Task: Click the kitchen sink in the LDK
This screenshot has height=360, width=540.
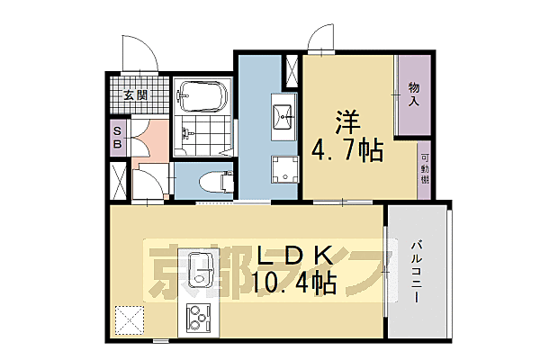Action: (198, 274)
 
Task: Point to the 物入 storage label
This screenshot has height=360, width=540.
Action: (414, 94)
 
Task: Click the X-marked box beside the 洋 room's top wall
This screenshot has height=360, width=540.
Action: (292, 69)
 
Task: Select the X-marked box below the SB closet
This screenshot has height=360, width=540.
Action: (118, 179)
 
